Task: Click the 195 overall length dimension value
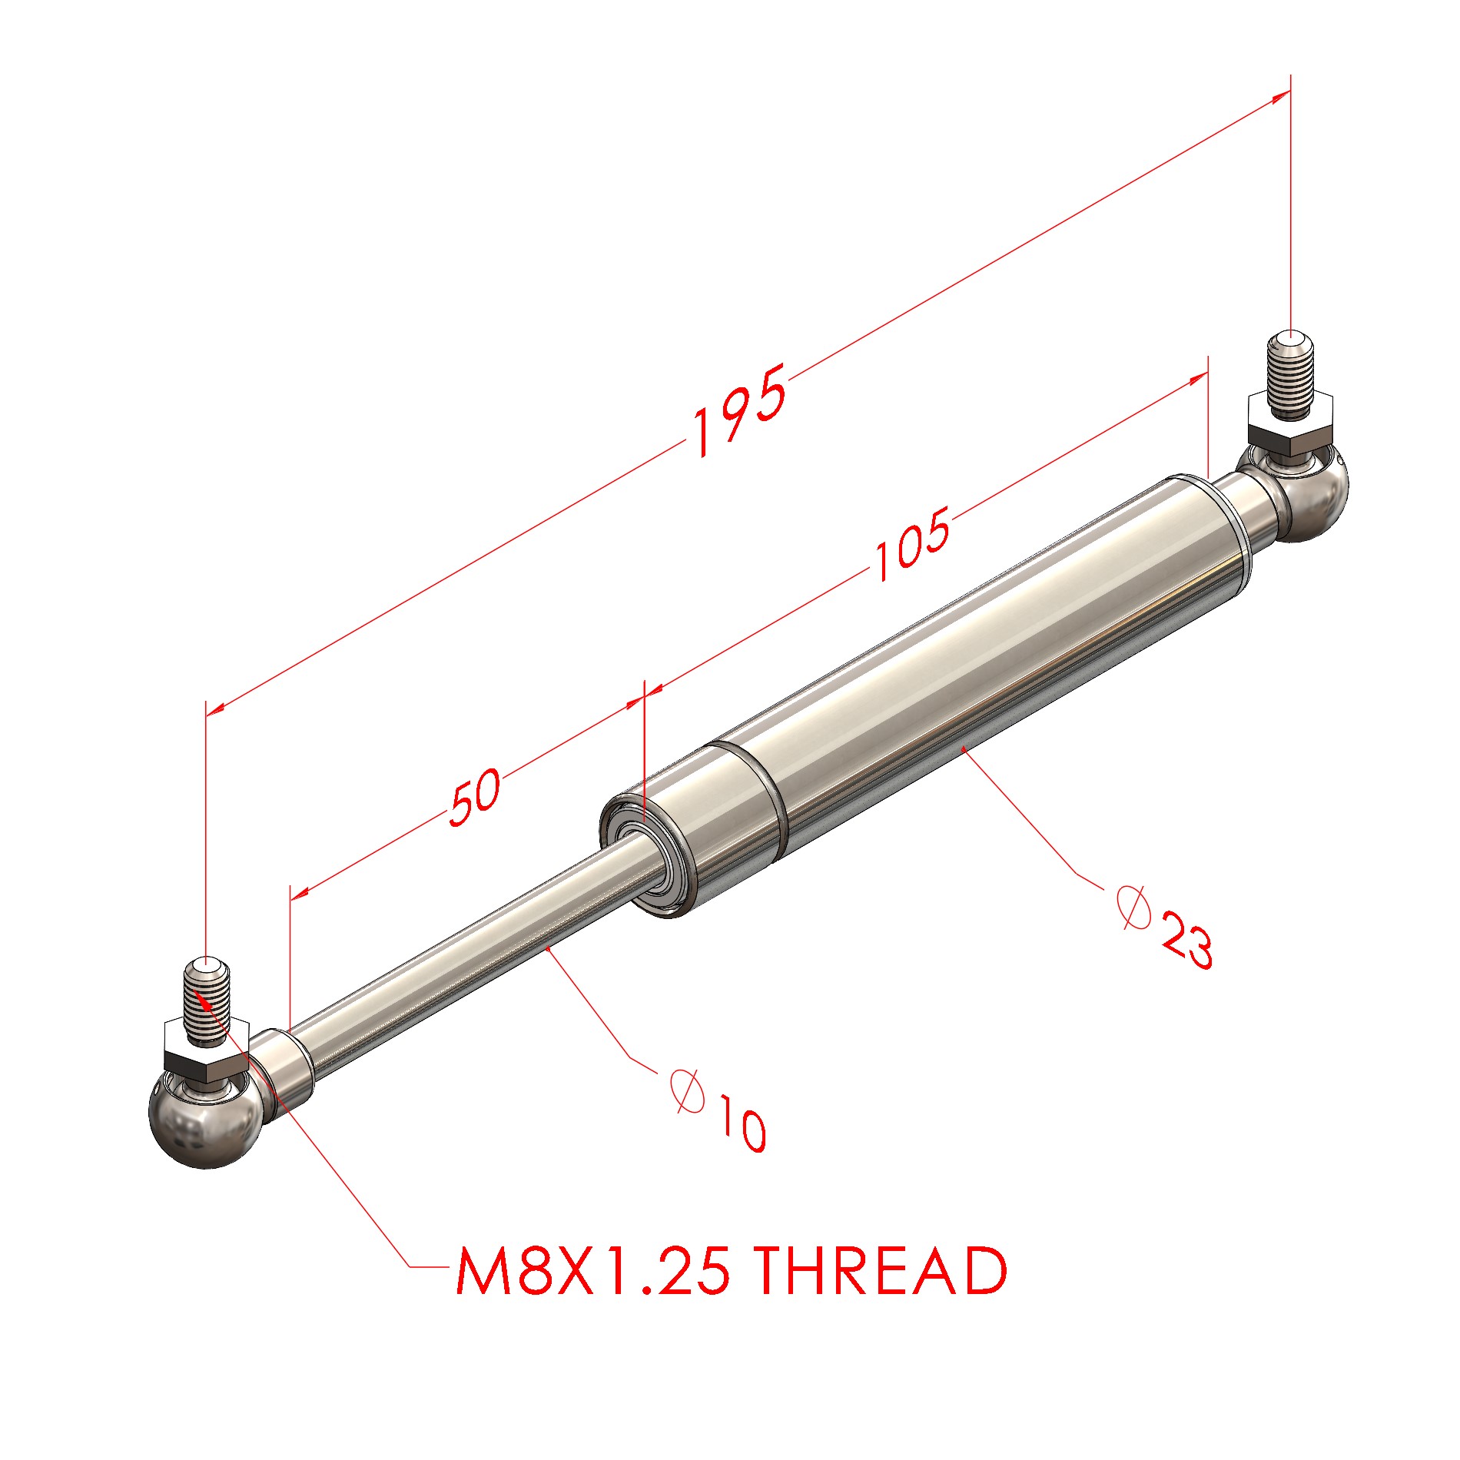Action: point(739,410)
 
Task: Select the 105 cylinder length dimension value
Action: point(912,543)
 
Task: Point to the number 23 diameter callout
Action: point(1186,939)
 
